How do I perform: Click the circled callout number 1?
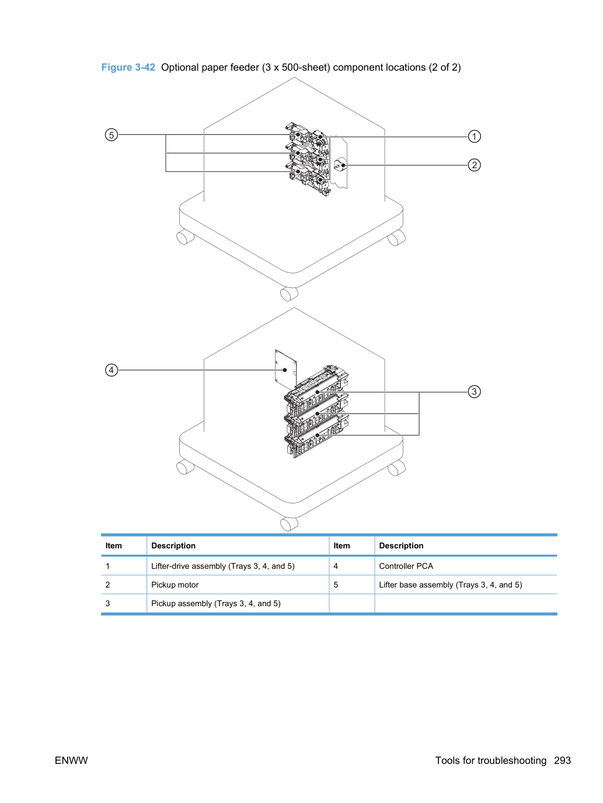coord(474,137)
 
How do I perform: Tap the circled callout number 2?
coord(474,165)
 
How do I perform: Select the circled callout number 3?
coord(474,392)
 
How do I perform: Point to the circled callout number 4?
coord(111,370)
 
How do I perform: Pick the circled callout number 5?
coord(111,135)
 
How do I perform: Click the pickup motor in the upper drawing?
coord(340,165)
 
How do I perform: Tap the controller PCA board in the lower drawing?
coord(285,370)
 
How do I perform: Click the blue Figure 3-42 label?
coord(128,67)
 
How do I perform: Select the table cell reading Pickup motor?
coord(175,585)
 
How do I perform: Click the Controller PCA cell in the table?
coord(406,566)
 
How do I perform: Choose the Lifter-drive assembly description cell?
coord(223,566)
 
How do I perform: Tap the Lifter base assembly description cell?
coord(451,585)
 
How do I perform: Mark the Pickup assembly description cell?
coord(216,603)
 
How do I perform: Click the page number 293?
coord(562,760)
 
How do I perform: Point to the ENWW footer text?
coord(71,760)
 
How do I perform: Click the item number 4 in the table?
coord(336,566)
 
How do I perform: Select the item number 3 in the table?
coord(107,603)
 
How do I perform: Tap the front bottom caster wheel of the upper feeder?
coord(289,293)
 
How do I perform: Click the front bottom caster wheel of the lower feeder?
coord(289,523)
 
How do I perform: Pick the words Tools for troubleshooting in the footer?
coord(491,760)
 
